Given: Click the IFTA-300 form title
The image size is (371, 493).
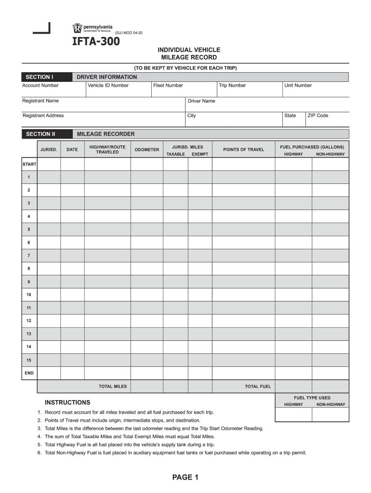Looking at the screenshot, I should [96, 42].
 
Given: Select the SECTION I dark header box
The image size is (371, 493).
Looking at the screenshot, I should [39, 77].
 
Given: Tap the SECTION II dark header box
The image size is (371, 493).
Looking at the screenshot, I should [40, 134].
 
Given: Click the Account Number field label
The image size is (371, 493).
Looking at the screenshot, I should [40, 86].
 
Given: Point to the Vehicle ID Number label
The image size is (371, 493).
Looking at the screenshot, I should [108, 86].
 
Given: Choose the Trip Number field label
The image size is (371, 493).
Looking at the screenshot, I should [232, 86].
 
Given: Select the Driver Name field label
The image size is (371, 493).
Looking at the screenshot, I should [201, 101].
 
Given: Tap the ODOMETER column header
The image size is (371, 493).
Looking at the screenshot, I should [146, 150].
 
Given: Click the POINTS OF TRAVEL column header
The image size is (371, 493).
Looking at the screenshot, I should [243, 150].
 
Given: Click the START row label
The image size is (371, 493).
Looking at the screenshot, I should [29, 164].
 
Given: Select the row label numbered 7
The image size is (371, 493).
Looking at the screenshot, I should [29, 255].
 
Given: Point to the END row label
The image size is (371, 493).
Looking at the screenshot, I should [29, 373].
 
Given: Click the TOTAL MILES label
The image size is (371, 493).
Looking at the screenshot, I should [113, 387].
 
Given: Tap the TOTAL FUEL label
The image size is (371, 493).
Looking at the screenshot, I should [258, 387].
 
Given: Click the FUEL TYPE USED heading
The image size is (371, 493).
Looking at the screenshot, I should [312, 398].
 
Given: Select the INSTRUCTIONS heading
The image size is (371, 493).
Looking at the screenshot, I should [67, 402].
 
